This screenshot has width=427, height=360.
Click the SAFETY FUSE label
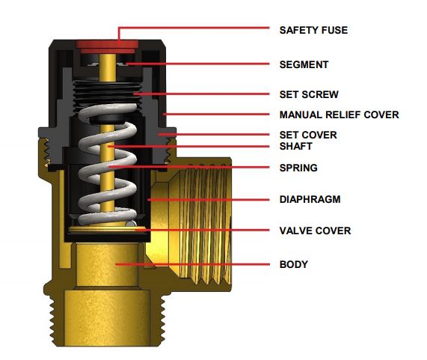[x=313, y=30]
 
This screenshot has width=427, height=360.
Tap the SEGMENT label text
[x=304, y=64]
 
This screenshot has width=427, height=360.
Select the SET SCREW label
[x=309, y=94]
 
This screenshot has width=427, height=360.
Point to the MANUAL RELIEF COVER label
[x=339, y=115]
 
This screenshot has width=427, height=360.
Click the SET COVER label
[x=308, y=135]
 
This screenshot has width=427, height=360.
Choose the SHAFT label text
[x=295, y=147]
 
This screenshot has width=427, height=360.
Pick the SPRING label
[x=298, y=168]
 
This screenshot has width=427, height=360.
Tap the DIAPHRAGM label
[x=310, y=199]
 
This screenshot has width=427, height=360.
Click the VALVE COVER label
[x=315, y=231]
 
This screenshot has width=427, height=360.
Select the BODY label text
[x=294, y=264]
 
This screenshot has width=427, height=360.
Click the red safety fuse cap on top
[x=107, y=46]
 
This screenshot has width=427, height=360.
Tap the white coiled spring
[x=107, y=164]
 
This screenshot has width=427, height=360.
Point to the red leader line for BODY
[x=192, y=264]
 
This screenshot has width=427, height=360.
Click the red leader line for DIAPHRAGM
[x=209, y=200]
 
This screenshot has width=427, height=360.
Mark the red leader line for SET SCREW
[x=201, y=94]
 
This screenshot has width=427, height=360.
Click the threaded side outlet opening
[x=200, y=224]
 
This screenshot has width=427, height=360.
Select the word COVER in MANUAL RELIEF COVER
[x=381, y=115]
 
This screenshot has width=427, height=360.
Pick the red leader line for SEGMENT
[x=197, y=64]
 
